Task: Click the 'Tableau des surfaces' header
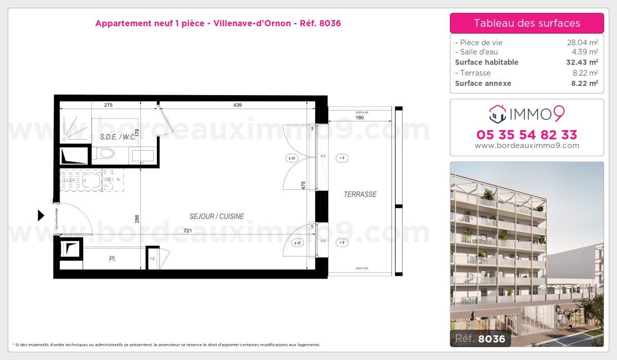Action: click(x=527, y=23)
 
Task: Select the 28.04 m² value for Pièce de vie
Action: click(x=582, y=43)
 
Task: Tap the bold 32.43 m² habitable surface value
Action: click(x=581, y=62)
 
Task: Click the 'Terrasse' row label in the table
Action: click(x=475, y=73)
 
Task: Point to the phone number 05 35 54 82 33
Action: click(x=527, y=135)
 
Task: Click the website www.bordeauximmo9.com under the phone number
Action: click(x=527, y=146)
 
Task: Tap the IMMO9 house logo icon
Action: click(x=498, y=114)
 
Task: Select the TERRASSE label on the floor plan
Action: click(x=360, y=194)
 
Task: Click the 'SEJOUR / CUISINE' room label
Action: click(x=216, y=217)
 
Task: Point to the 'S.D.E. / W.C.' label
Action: click(x=118, y=137)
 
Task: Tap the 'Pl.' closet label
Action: click(x=112, y=259)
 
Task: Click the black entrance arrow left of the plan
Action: click(x=41, y=215)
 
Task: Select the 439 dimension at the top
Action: click(x=237, y=105)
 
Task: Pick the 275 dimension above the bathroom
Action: click(x=108, y=105)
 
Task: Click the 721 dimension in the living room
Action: click(x=188, y=231)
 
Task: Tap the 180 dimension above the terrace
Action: click(x=360, y=118)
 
